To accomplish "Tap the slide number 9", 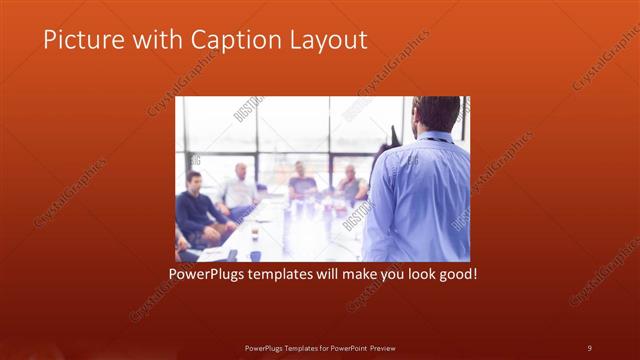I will [589, 347].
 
